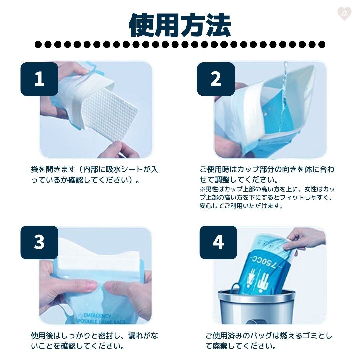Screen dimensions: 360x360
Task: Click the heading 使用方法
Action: pos(180,25)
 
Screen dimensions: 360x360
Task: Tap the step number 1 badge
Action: pos(39,79)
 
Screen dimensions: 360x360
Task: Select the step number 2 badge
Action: pos(216,79)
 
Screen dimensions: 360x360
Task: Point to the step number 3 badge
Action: pos(39,242)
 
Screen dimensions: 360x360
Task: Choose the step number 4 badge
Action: pos(218,242)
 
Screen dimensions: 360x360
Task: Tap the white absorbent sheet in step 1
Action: pos(110,114)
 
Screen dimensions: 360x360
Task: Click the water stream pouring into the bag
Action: pos(284,96)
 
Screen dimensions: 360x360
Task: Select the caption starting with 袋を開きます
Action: pos(94,174)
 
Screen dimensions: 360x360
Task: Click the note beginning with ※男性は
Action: pos(267,197)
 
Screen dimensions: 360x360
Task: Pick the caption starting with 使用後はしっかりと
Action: pos(94,341)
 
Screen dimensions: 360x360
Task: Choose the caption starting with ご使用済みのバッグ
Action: pos(269,341)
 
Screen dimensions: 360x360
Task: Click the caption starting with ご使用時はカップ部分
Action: pos(267,174)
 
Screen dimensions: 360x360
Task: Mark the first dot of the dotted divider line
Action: pos(38,44)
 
